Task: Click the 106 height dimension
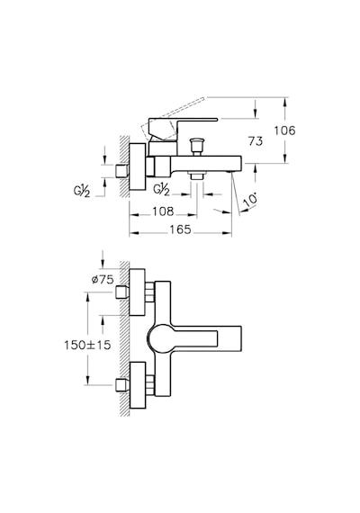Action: pyautogui.click(x=284, y=130)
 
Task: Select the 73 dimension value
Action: pyautogui.click(x=256, y=141)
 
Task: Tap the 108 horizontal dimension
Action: pyautogui.click(x=163, y=211)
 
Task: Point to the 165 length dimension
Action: pyautogui.click(x=180, y=229)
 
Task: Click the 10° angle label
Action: pyautogui.click(x=251, y=200)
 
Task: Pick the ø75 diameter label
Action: pyautogui.click(x=103, y=279)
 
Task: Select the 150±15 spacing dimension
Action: pyautogui.click(x=87, y=345)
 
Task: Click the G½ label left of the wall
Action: pyautogui.click(x=82, y=191)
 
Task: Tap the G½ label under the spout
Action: pyautogui.click(x=162, y=189)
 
